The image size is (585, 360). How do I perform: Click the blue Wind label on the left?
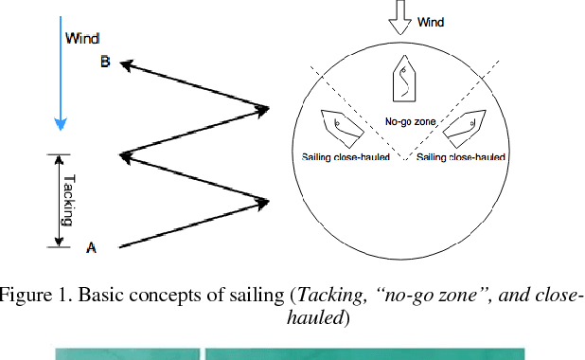(x=80, y=39)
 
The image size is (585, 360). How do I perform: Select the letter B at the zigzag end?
(x=105, y=63)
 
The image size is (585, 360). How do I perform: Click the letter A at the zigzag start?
(x=91, y=247)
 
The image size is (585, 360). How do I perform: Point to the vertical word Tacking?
(x=67, y=199)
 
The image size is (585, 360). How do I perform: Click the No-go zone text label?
(x=408, y=121)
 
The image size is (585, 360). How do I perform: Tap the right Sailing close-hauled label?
(x=461, y=157)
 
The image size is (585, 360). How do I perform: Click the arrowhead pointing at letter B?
(x=124, y=65)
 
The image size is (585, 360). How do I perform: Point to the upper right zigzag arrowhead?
(x=263, y=110)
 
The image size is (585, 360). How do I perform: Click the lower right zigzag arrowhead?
(x=263, y=201)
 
